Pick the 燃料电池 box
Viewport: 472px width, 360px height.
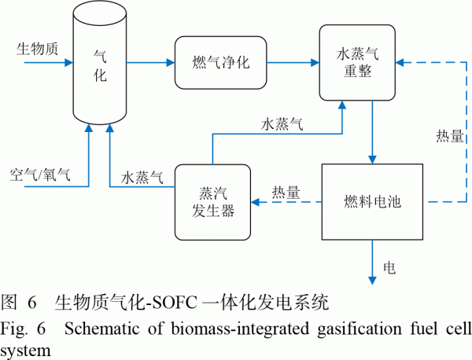pos(373,201)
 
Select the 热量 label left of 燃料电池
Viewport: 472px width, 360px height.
pos(286,191)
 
